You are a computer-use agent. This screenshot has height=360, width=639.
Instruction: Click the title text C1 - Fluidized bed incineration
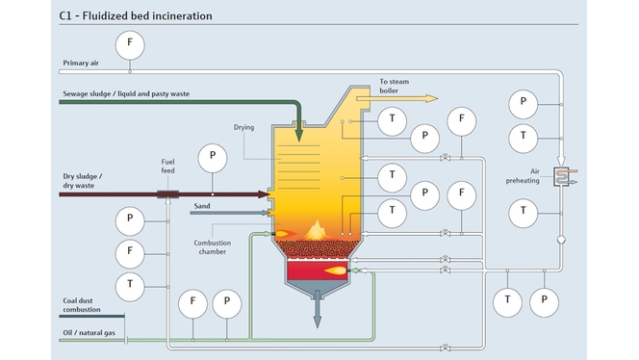click(x=136, y=16)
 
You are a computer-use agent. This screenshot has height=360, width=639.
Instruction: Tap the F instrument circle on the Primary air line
click(x=130, y=43)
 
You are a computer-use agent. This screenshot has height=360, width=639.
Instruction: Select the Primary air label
click(x=83, y=64)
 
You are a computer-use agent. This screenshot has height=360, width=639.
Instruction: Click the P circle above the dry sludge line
click(x=212, y=155)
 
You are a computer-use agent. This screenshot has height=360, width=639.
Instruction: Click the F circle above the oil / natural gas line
click(x=193, y=302)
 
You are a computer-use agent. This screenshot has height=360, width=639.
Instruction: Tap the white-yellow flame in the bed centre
click(x=316, y=228)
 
